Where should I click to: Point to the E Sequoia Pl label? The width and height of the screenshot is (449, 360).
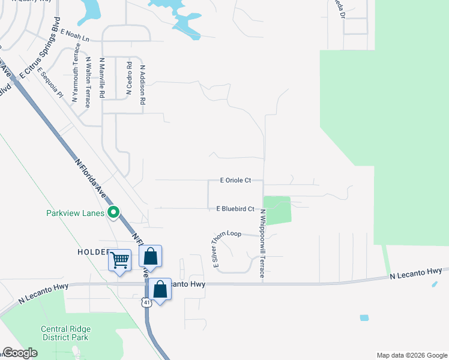pyautogui.click(x=50, y=82)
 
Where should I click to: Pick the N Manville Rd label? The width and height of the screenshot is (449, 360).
pyautogui.click(x=103, y=78)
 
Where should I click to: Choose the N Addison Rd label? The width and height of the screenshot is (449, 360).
pyautogui.click(x=143, y=85)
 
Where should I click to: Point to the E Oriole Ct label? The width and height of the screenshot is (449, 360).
pyautogui.click(x=235, y=180)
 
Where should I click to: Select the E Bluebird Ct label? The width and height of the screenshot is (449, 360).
pyautogui.click(x=235, y=209)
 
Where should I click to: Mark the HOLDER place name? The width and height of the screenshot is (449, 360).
pyautogui.click(x=93, y=252)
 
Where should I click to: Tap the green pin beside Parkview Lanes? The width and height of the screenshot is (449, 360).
pyautogui.click(x=113, y=212)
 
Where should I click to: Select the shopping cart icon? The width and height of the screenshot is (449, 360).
pyautogui.click(x=119, y=260)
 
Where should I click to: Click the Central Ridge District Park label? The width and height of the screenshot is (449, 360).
pyautogui.click(x=64, y=333)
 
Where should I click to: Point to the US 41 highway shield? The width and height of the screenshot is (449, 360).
pyautogui.click(x=146, y=302)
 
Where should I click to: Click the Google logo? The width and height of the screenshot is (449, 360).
pyautogui.click(x=20, y=353)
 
